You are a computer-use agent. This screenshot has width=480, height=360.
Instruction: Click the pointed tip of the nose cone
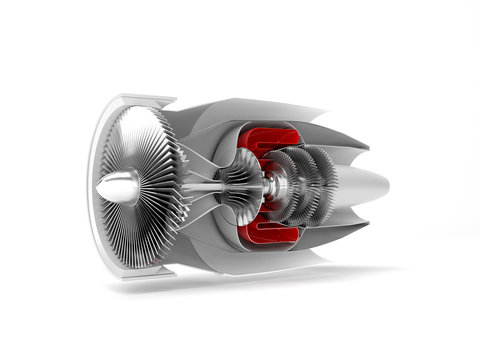point(97,190)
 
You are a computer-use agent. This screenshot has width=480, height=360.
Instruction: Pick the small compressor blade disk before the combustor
point(238,185)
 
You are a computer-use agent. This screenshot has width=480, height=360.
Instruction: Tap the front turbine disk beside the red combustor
point(286,186)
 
